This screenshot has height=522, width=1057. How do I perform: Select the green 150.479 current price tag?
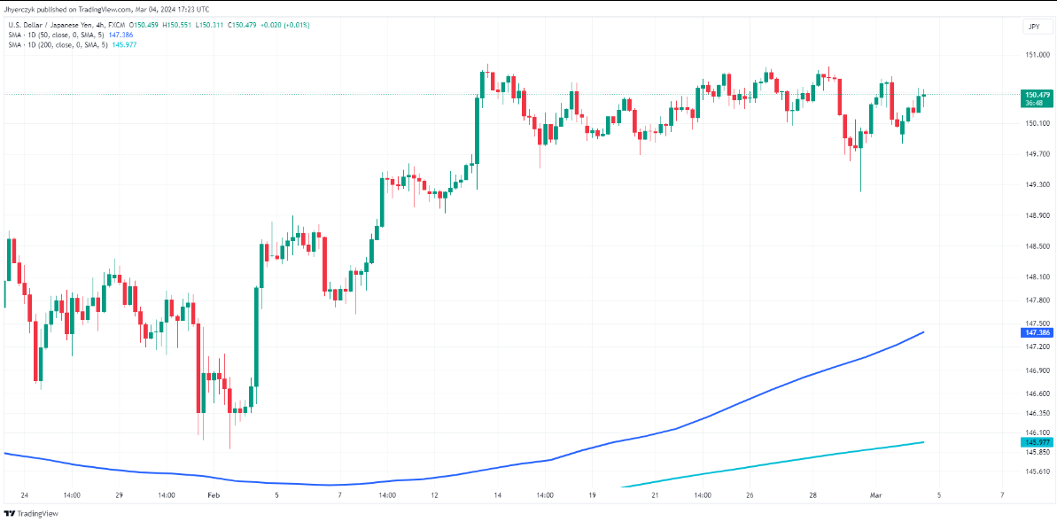pyautogui.click(x=1037, y=94)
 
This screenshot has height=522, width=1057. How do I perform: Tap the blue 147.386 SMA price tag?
pyautogui.click(x=1037, y=332)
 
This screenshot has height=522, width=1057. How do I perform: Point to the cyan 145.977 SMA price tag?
pyautogui.click(x=1037, y=442)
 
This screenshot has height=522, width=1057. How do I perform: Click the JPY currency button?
pyautogui.click(x=1033, y=27)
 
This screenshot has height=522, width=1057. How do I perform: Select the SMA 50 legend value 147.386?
pyautogui.click(x=120, y=35)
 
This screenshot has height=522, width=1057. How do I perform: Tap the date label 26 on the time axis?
pyautogui.click(x=750, y=495)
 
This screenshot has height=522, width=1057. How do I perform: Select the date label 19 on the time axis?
pyautogui.click(x=592, y=495)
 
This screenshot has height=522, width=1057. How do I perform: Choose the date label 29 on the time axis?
pyautogui.click(x=118, y=495)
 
